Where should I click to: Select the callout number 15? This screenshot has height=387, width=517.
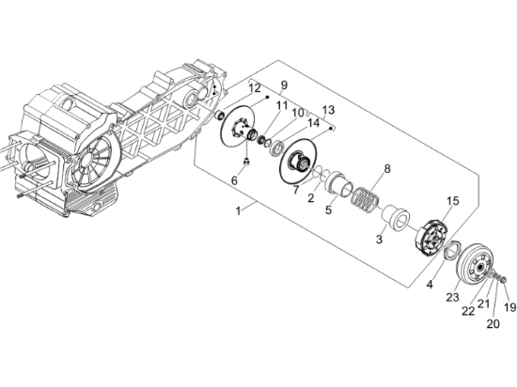(x=452, y=200)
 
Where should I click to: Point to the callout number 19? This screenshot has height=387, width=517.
(x=510, y=307)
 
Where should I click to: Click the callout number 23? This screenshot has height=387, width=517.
(x=451, y=297)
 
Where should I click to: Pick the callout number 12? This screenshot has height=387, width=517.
(x=255, y=88)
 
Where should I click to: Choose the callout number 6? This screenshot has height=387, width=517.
(x=236, y=179)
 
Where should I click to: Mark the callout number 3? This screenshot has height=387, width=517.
(x=379, y=240)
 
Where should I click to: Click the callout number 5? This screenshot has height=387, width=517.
(x=328, y=210)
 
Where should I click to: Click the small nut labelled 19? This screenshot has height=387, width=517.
(x=502, y=280)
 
